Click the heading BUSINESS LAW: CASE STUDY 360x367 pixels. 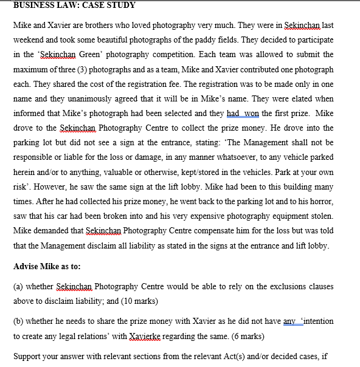[74, 5]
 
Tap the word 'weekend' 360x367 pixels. [30, 41]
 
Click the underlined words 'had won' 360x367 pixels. [243, 114]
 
